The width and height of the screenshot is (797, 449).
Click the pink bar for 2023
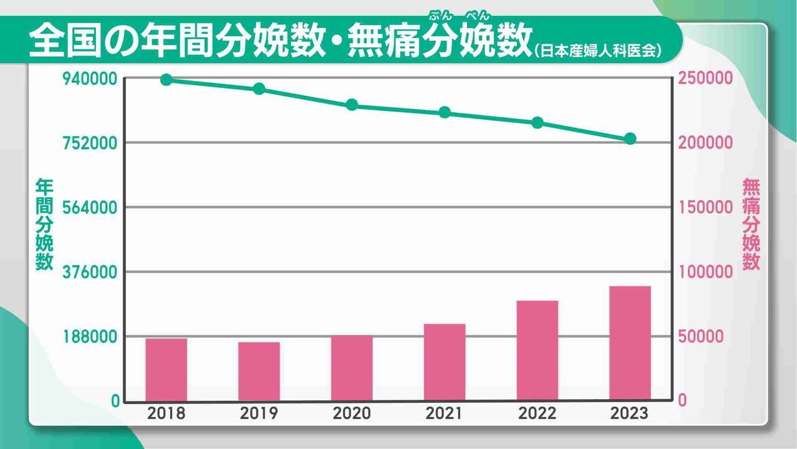[630, 343]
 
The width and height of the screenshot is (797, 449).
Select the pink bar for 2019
[259, 371]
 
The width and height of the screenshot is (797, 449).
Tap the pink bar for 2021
[445, 362]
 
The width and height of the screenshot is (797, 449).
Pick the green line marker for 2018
[166, 79]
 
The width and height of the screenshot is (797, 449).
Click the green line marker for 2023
[630, 138]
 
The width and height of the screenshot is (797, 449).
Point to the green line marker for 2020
[352, 104]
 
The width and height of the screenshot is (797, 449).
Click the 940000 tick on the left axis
[92, 79]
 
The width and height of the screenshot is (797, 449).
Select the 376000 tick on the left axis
[92, 272]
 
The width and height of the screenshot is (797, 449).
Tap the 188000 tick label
[92, 337]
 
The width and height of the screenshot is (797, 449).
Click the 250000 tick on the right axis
[706, 79]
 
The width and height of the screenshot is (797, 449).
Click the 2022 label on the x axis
[537, 413]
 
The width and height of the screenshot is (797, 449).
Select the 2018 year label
[166, 413]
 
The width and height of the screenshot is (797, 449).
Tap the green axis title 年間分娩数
[44, 224]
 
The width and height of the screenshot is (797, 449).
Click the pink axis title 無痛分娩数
[752, 224]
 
